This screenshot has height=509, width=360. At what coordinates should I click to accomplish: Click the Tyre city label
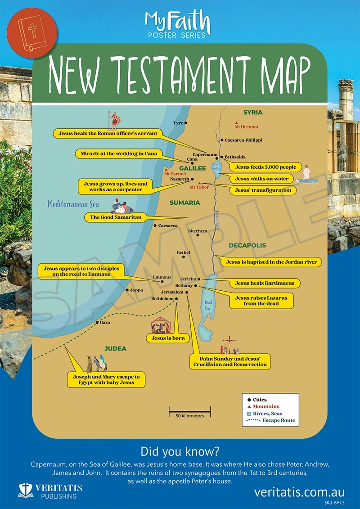tap(178, 123)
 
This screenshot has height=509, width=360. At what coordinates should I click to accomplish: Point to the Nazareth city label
tap(179, 179)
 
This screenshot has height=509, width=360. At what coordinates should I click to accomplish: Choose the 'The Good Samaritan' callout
tap(116, 217)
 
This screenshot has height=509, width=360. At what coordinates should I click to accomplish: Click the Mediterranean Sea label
tap(73, 204)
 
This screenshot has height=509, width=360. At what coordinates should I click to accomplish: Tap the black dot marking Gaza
tap(97, 323)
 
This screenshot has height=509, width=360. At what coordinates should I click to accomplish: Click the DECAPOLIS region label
tap(247, 246)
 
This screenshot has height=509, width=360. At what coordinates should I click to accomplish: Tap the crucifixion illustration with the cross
tap(229, 346)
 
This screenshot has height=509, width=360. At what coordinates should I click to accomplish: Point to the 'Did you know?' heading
tap(180, 451)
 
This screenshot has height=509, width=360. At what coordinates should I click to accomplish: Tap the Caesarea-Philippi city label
tap(243, 140)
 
